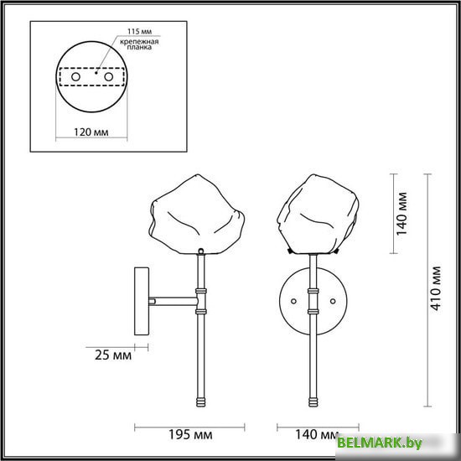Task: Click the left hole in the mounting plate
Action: coord(75,76)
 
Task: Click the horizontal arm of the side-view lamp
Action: coord(172,300)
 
